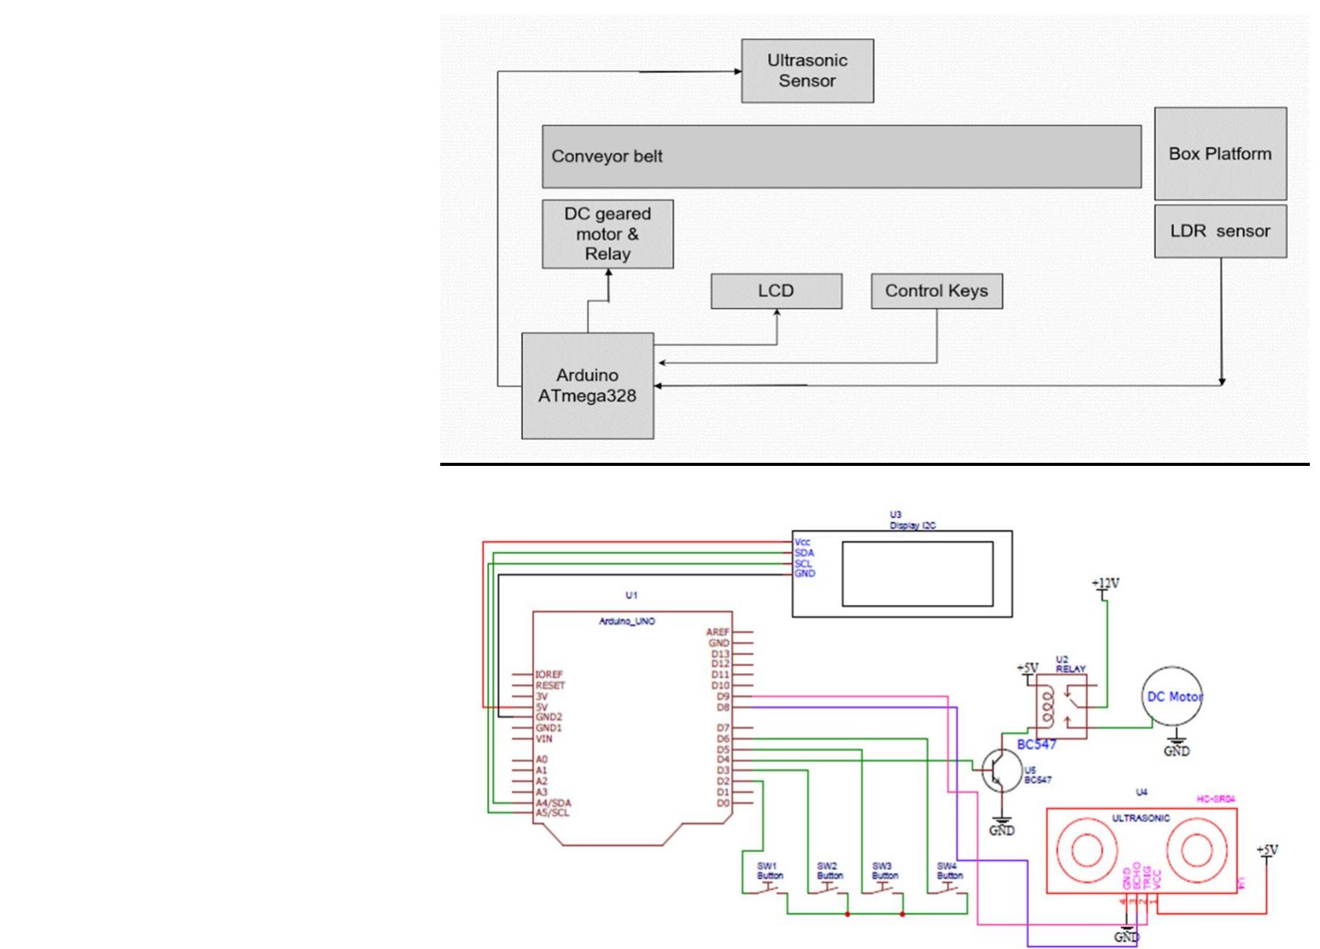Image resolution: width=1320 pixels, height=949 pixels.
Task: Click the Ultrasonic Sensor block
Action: pos(807,71)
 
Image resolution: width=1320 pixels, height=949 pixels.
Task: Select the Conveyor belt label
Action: pos(607,156)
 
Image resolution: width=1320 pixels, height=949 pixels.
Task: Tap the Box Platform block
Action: pos(1220,154)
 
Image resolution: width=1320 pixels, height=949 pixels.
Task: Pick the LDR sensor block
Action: pos(1220,231)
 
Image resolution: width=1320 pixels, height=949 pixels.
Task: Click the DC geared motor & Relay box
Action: pos(608,234)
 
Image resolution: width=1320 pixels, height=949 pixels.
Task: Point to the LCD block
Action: pos(776,291)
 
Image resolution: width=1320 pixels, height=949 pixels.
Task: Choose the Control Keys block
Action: pos(936,291)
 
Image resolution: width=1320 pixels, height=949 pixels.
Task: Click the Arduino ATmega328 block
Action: pos(587,385)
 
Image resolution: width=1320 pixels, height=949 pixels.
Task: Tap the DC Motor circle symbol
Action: pos(1174,697)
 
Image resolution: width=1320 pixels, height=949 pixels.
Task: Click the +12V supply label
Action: pos(1105,583)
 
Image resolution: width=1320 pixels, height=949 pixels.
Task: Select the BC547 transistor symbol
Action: pos(1000,770)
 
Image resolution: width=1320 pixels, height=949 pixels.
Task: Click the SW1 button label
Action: pos(768,871)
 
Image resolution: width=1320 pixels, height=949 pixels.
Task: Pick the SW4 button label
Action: pos(948,871)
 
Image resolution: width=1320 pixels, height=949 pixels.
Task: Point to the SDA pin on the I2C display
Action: pos(804,553)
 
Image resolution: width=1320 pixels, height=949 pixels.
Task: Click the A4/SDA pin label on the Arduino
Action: pos(553,803)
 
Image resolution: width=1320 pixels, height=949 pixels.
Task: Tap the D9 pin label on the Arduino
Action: pos(722,696)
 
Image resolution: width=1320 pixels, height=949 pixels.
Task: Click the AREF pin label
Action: pos(718,632)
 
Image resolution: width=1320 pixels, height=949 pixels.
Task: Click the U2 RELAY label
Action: pos(1070,664)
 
